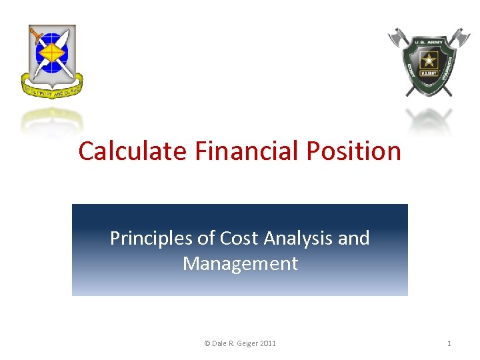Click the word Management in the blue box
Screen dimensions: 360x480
pos(240,263)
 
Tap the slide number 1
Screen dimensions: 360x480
pos(449,343)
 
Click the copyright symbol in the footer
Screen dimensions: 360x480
pos(207,343)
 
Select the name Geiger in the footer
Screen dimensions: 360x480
pos(247,343)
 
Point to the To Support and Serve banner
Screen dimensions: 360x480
pos(52,89)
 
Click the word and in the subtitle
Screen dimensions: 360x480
pos(353,238)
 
